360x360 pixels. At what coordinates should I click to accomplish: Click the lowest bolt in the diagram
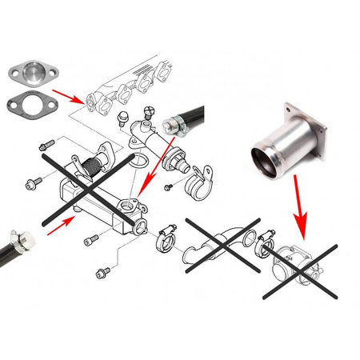coord(101,273)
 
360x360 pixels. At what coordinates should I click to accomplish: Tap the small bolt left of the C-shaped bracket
coord(168,187)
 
